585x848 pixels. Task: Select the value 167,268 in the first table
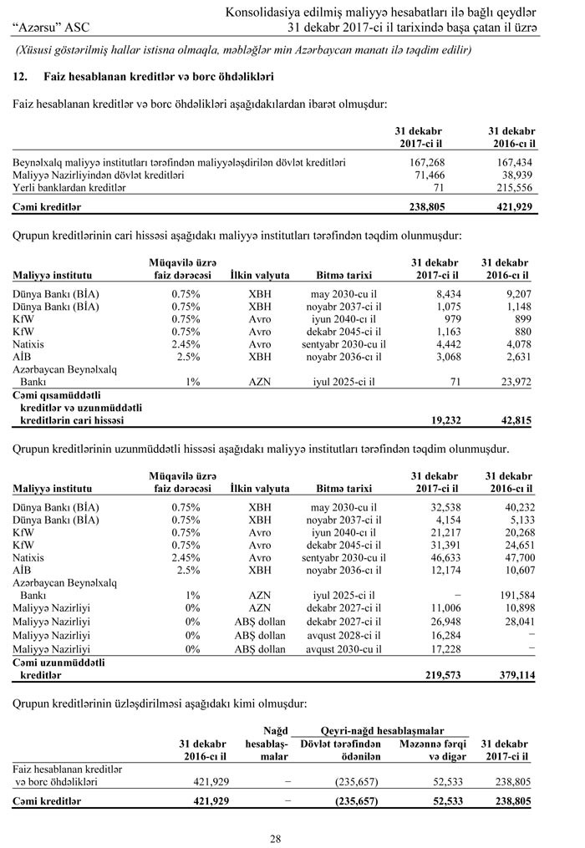pos(427,161)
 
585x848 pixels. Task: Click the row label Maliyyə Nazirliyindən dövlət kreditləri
pos(99,175)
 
